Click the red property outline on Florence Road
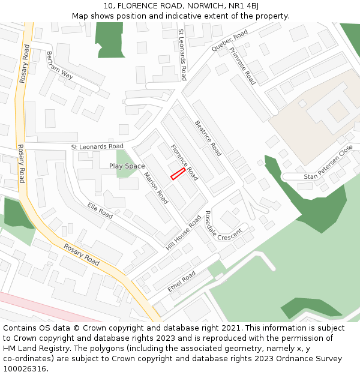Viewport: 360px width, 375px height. [x=178, y=174]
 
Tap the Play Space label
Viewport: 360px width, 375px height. [x=127, y=166]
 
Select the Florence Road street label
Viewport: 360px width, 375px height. [x=184, y=162]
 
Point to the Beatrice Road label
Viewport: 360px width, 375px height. [x=208, y=138]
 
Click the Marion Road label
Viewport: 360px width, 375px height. [x=155, y=188]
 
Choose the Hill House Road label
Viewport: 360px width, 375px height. [x=184, y=233]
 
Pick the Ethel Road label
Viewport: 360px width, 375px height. [x=182, y=281]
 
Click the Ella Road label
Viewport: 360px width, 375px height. [x=100, y=210]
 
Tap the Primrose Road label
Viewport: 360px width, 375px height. [x=242, y=66]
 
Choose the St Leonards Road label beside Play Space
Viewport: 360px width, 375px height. [x=97, y=146]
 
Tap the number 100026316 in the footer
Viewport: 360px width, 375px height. [x=25, y=368]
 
